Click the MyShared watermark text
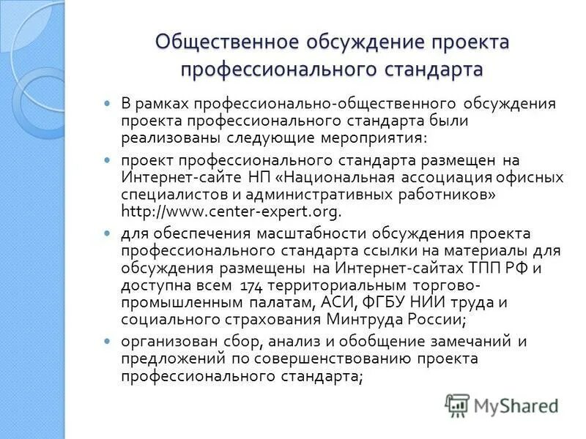(x=516, y=405)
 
